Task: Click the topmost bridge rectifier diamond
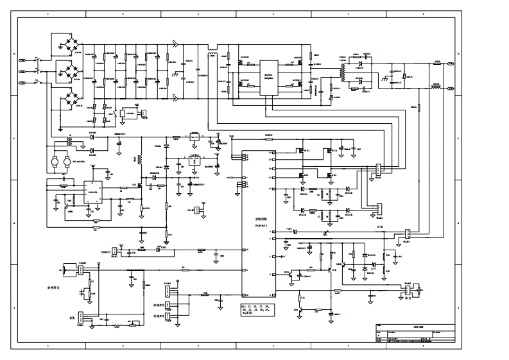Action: tap(66, 43)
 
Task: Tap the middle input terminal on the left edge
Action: tap(22, 71)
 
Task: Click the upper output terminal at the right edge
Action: tap(451, 64)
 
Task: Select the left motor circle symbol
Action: tap(56, 157)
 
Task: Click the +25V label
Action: tap(288, 228)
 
